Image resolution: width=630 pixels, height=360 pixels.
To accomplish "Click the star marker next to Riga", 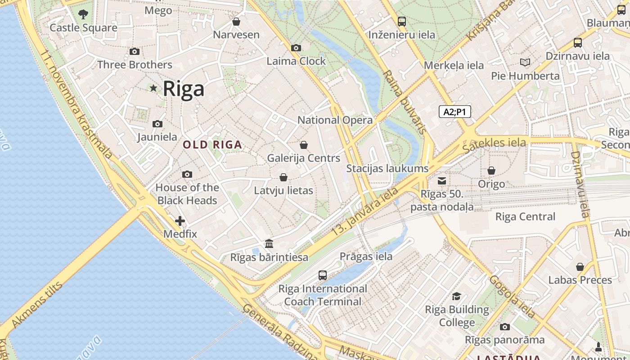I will [x=153, y=88].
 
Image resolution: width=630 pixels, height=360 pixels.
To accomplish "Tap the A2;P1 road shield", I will [x=454, y=112].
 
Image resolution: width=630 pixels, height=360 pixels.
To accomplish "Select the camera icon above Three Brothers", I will [x=134, y=52].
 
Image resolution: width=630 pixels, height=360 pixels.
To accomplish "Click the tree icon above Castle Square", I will [x=83, y=14].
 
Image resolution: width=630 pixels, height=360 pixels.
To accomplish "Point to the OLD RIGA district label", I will [x=212, y=145].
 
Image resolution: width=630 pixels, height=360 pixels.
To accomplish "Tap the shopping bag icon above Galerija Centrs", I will [x=304, y=145].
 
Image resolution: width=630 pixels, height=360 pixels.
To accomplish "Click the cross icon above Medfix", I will [x=180, y=221].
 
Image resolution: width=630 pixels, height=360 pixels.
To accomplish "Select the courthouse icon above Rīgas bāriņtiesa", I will [x=269, y=244].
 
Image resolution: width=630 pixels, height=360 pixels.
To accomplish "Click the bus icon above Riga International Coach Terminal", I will [x=322, y=275].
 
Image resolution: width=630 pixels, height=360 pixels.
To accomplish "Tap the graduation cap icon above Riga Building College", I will [x=457, y=296].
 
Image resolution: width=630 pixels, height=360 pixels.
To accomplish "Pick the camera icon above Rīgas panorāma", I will [x=504, y=327].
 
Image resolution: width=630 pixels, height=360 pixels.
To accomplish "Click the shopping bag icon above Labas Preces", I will [x=580, y=267].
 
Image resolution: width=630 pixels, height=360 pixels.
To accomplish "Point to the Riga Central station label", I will [x=525, y=217].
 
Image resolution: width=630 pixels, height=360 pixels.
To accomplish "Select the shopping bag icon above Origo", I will [x=491, y=171].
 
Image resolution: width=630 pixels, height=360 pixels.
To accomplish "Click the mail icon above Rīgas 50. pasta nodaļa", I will [x=442, y=181].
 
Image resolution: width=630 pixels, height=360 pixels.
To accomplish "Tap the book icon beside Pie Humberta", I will [x=525, y=62].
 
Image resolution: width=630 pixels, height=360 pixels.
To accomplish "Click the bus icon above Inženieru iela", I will [x=401, y=21].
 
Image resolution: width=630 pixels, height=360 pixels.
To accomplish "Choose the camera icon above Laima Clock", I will [x=296, y=48].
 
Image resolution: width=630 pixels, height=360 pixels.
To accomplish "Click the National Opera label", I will [x=335, y=120].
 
